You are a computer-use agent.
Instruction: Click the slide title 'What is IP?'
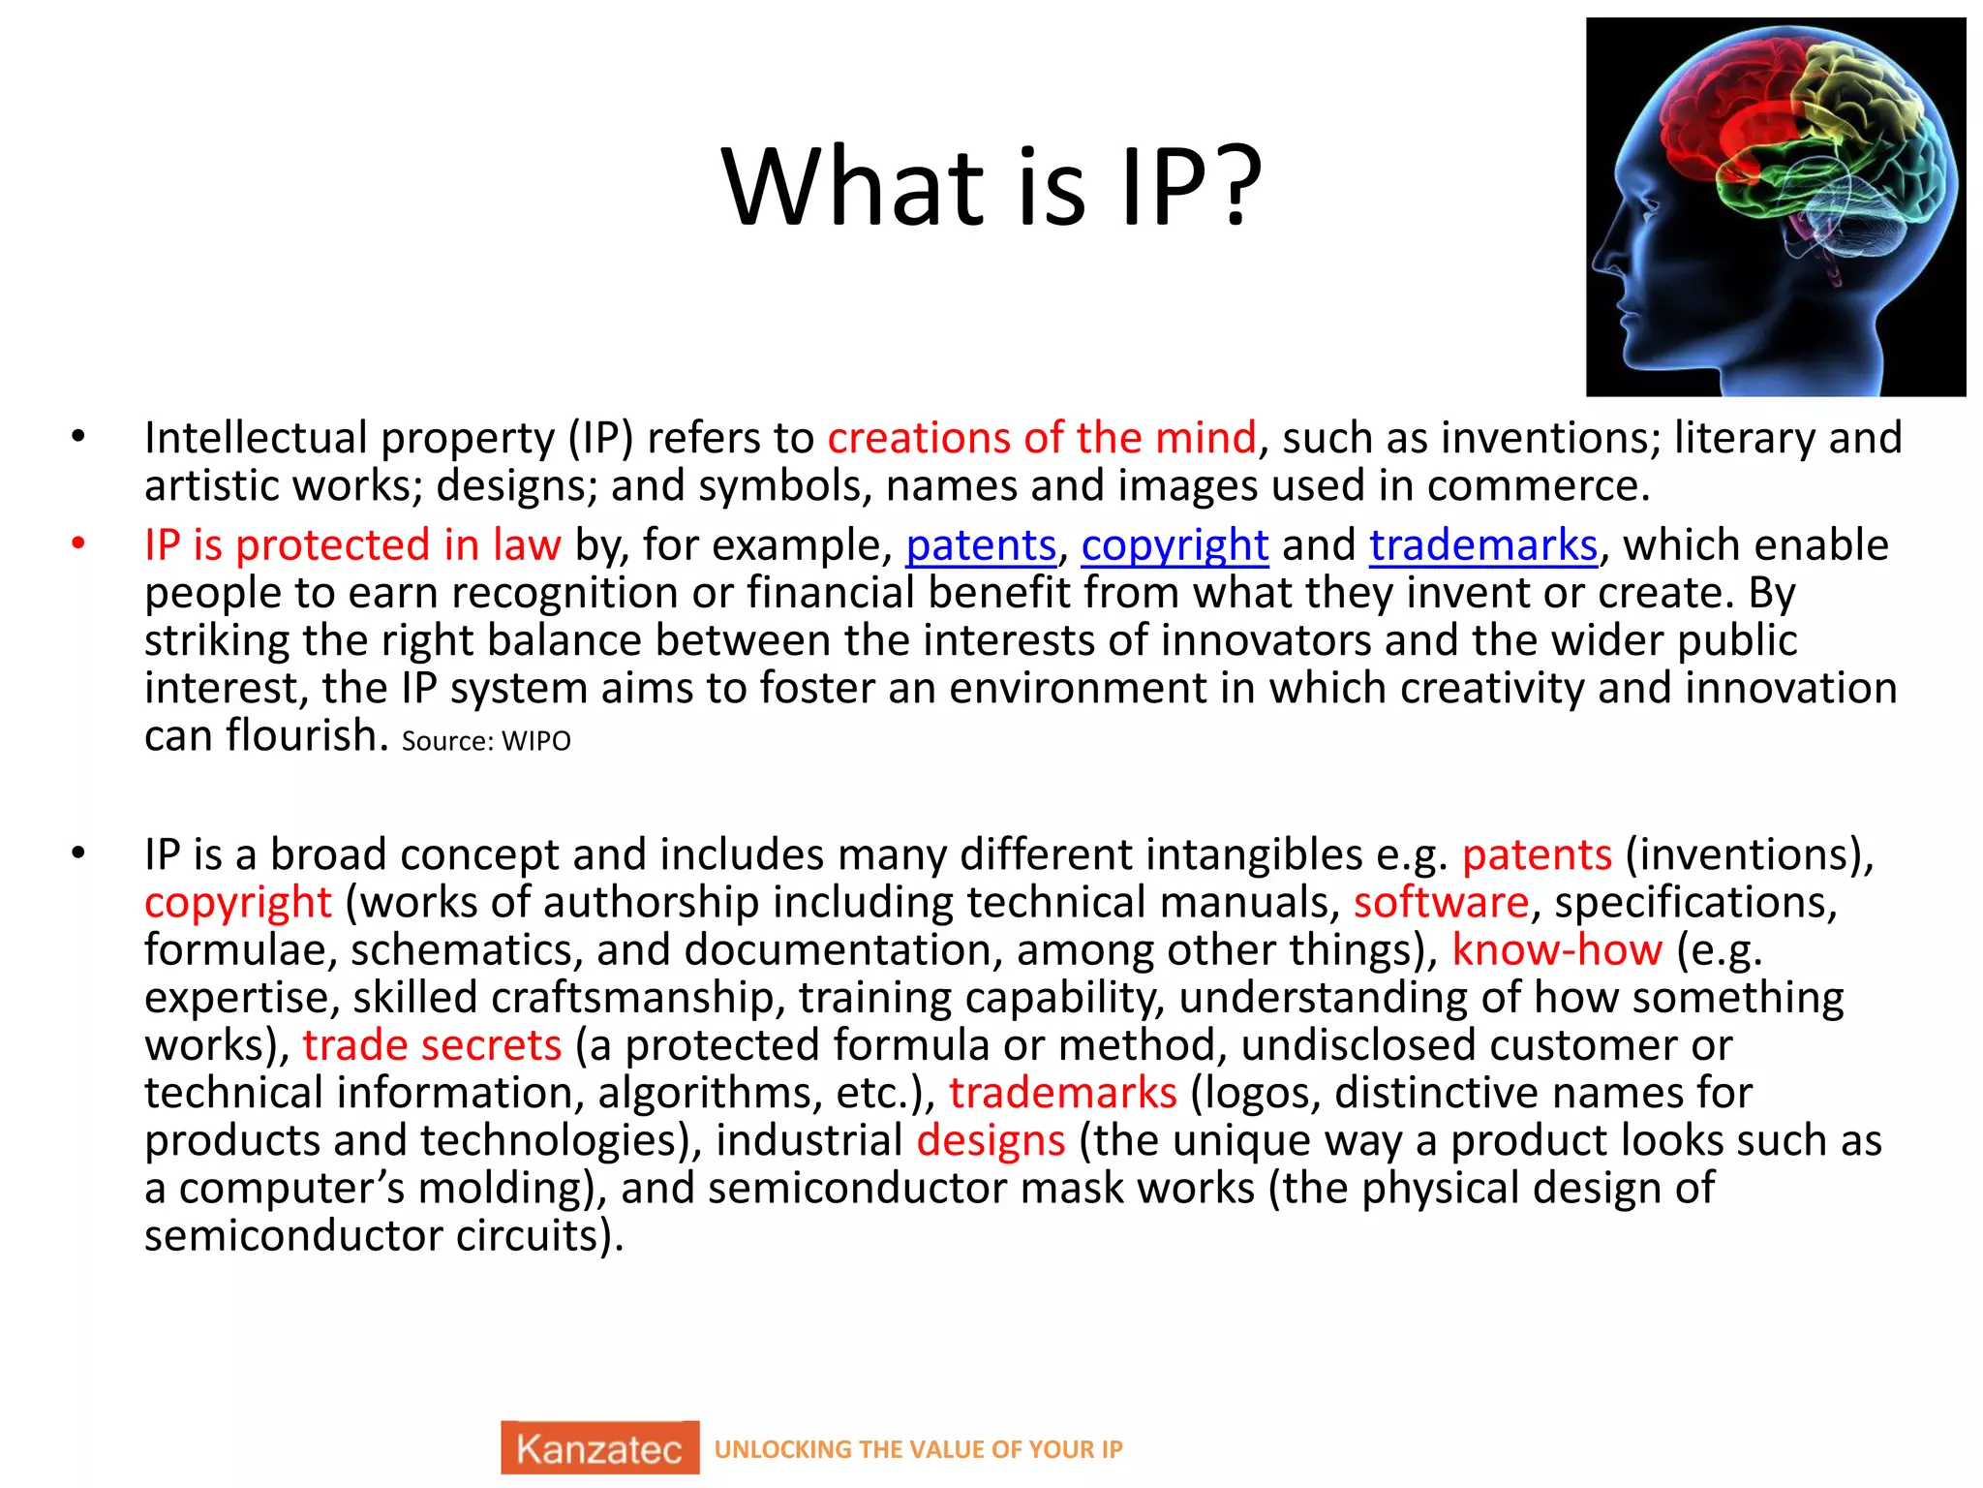point(991,186)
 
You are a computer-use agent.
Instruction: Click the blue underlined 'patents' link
point(980,545)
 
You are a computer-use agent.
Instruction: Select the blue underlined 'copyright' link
point(1174,545)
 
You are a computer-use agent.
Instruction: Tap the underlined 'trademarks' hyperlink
point(1482,545)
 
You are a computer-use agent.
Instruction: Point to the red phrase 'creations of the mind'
point(1041,438)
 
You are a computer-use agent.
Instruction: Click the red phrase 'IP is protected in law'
point(352,545)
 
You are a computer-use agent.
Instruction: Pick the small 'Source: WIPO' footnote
point(486,742)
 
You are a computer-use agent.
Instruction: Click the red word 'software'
point(1441,903)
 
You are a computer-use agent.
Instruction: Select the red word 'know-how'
point(1557,950)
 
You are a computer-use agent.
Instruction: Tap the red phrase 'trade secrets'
point(432,1045)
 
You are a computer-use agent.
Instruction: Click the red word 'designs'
point(991,1140)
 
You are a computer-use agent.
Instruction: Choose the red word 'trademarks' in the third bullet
point(1062,1093)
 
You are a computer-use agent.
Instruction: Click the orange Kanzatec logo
point(599,1448)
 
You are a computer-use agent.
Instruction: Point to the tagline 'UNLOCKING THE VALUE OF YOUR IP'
point(918,1449)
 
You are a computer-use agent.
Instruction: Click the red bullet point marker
point(78,543)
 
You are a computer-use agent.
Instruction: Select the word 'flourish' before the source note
point(307,735)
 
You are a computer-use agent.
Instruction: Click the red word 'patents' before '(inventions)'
point(1537,855)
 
